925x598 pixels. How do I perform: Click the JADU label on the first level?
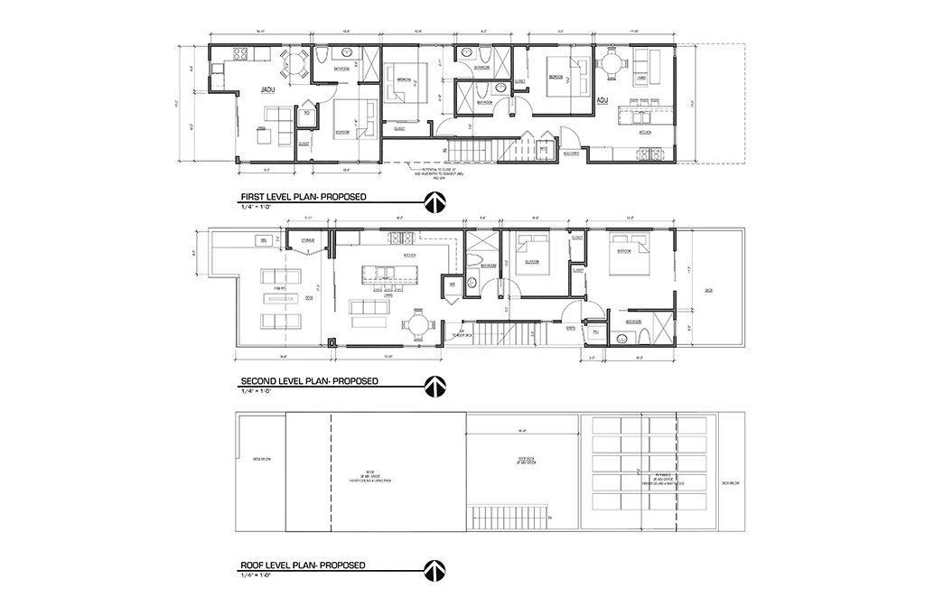[x=267, y=90]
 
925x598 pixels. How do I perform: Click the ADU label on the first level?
[x=601, y=101]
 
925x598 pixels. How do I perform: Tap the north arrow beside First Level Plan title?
[x=434, y=201]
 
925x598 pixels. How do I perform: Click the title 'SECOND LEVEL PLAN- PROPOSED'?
[x=308, y=381]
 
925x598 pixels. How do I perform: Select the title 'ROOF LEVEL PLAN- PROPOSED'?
[x=303, y=565]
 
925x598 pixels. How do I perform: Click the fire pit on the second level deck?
[x=280, y=297]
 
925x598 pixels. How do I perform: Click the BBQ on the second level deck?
[x=264, y=240]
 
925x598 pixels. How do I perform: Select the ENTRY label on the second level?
[x=571, y=329]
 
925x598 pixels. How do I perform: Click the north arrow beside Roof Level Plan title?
[x=434, y=570]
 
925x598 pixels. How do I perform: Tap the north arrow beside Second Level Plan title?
[x=434, y=386]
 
